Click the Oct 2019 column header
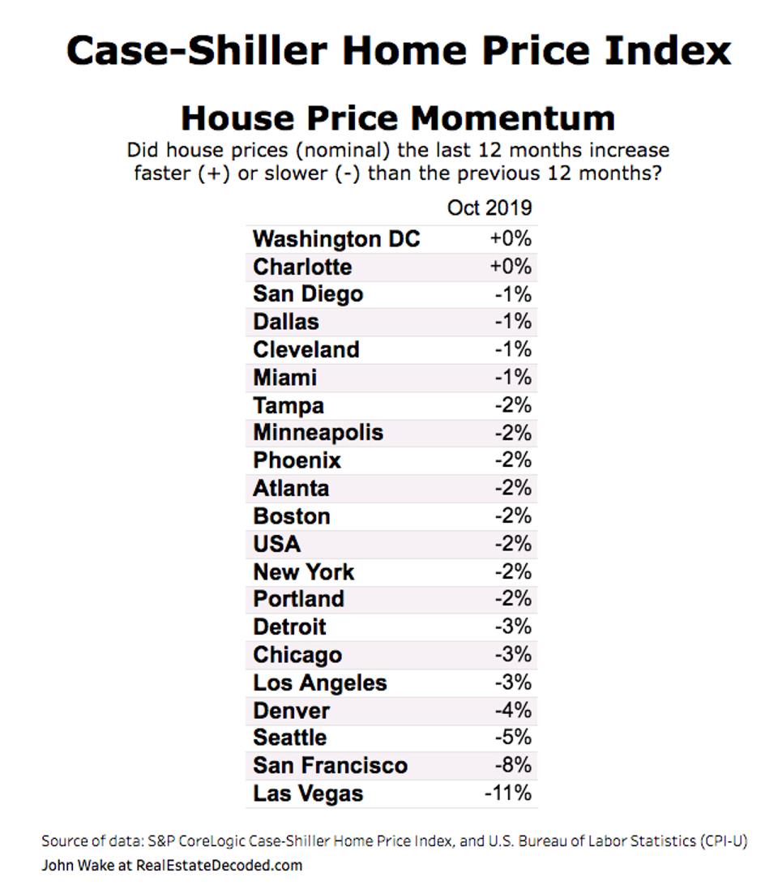pos(489,208)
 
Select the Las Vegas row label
pos(308,794)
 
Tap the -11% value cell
pos(507,793)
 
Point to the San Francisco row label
pos(330,765)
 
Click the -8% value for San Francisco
pos(513,765)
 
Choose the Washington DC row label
pos(336,239)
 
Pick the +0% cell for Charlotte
pos(511,267)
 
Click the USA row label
pos(276,544)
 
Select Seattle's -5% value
pos(513,738)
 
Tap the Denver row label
pos(291,711)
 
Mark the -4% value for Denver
pos(513,710)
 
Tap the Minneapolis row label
pos(318,432)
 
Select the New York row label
pos(303,572)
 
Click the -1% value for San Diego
pos(513,293)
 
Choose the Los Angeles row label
pos(319,682)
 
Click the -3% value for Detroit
pos(513,627)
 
